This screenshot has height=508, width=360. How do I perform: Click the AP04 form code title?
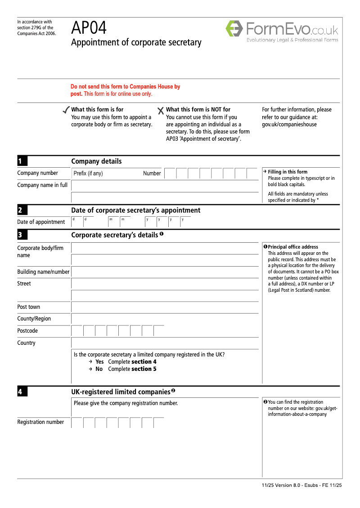89,28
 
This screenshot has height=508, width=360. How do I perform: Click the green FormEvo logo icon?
234,28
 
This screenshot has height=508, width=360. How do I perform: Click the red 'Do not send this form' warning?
125,90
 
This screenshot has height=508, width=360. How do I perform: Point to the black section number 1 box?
22,161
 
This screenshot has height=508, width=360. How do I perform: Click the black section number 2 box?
22,210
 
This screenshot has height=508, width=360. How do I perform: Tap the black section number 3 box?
22,235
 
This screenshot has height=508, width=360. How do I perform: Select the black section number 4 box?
22,392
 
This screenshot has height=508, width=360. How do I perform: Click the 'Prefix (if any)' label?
88,174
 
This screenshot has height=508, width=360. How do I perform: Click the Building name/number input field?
165,272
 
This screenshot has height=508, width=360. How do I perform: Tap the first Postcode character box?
77,331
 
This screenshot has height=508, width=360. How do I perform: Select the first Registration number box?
77,422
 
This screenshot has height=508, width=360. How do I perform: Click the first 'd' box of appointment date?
77,222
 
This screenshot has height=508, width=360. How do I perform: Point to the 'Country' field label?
27,343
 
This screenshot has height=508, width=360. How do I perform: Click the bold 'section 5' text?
144,369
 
